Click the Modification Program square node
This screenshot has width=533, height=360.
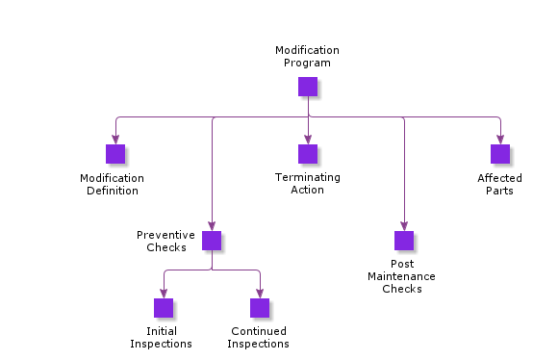308,87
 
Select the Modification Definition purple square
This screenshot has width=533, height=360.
115,154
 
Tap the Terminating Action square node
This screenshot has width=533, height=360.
308,154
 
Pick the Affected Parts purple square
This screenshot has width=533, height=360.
500,154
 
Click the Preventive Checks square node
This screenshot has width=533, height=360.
212,241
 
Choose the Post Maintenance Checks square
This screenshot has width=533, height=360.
404,241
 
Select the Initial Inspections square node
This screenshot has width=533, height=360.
164,308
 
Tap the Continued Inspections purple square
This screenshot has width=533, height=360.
260,308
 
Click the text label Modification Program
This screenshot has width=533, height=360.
307,56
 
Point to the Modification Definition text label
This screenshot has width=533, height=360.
112,184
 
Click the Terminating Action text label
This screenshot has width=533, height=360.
307,183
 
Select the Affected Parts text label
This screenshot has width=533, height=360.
499,184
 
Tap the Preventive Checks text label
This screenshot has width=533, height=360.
165,241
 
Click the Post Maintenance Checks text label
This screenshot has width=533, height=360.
401,276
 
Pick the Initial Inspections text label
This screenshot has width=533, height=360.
161,338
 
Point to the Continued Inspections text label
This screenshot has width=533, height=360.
259,338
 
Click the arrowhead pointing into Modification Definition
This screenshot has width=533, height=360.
115,140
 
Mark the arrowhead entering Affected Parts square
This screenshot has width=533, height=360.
500,140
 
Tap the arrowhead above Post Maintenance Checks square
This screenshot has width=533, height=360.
404,226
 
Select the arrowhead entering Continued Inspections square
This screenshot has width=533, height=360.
260,294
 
